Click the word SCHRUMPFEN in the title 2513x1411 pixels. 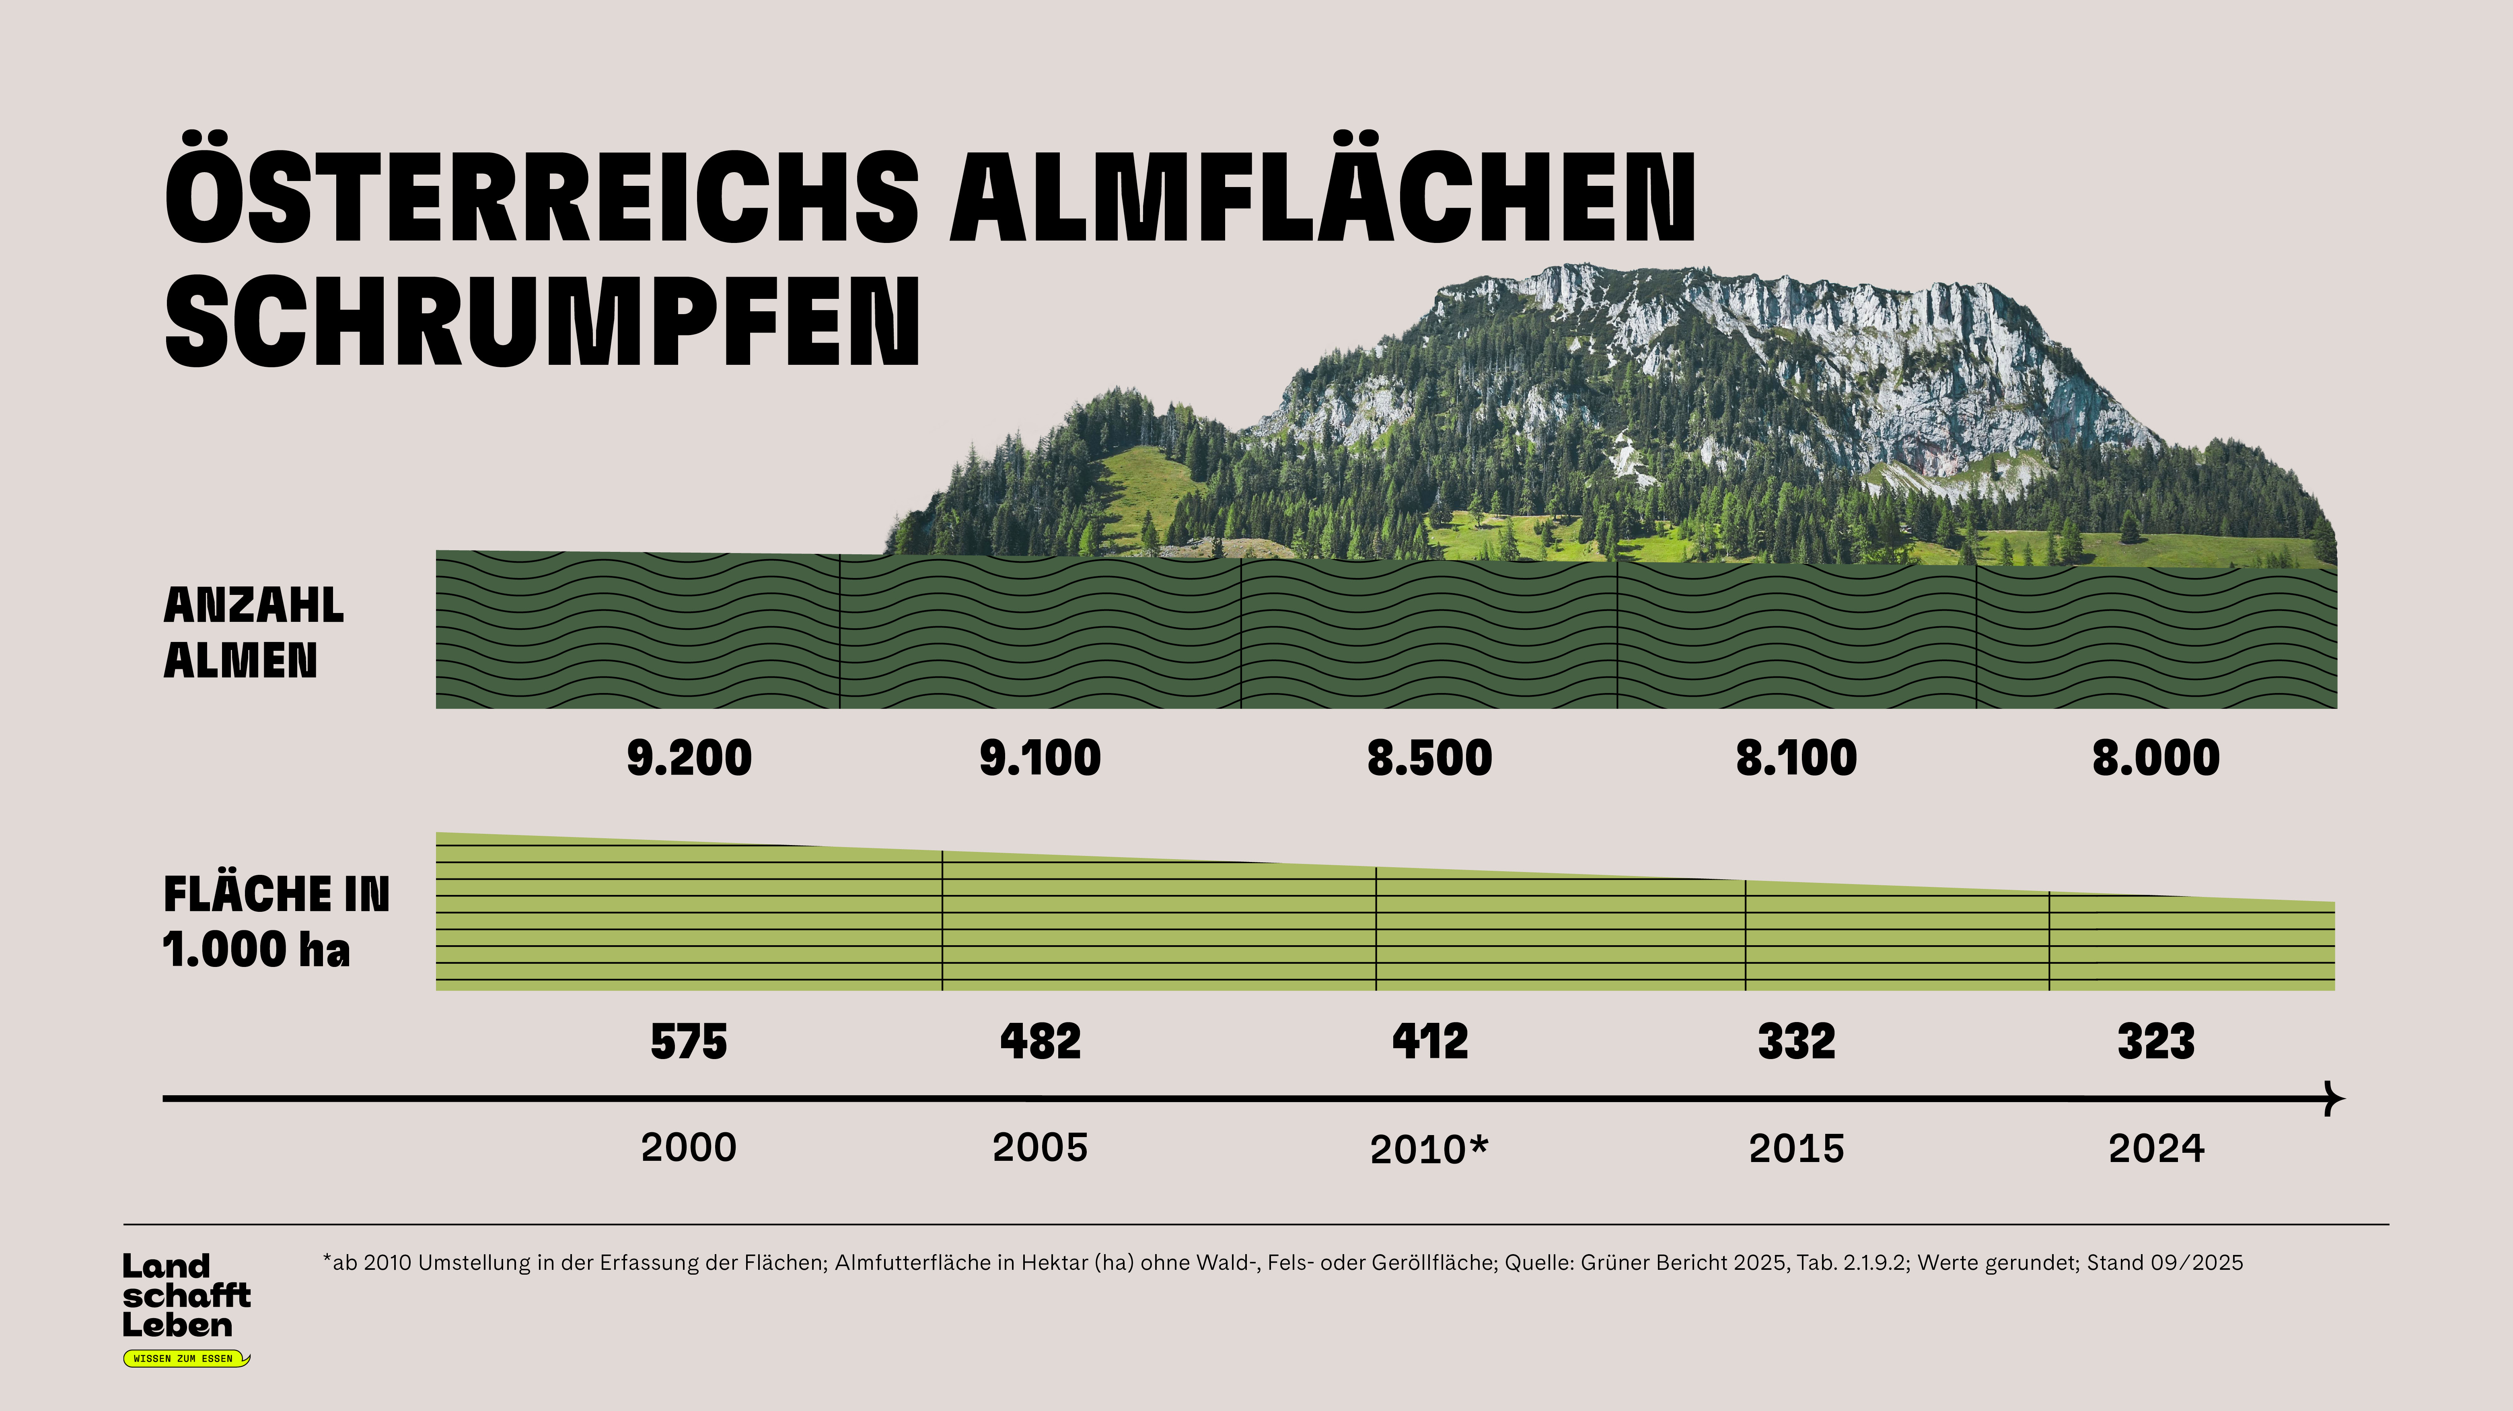pyautogui.click(x=543, y=320)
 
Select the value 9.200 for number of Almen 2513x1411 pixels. pyautogui.click(x=689, y=758)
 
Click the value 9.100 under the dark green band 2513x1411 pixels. pyautogui.click(x=1040, y=758)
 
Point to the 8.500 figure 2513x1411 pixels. pyautogui.click(x=1429, y=758)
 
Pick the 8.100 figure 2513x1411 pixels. pyautogui.click(x=1796, y=758)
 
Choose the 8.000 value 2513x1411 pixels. pyautogui.click(x=2156, y=758)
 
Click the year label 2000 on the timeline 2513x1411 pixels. pyautogui.click(x=689, y=1148)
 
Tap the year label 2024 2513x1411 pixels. pyautogui.click(x=2156, y=1148)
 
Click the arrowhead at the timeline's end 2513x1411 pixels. pyautogui.click(x=2334, y=1099)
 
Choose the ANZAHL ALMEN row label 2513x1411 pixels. pyautogui.click(x=254, y=632)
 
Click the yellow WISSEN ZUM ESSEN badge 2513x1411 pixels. pyautogui.click(x=185, y=1358)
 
